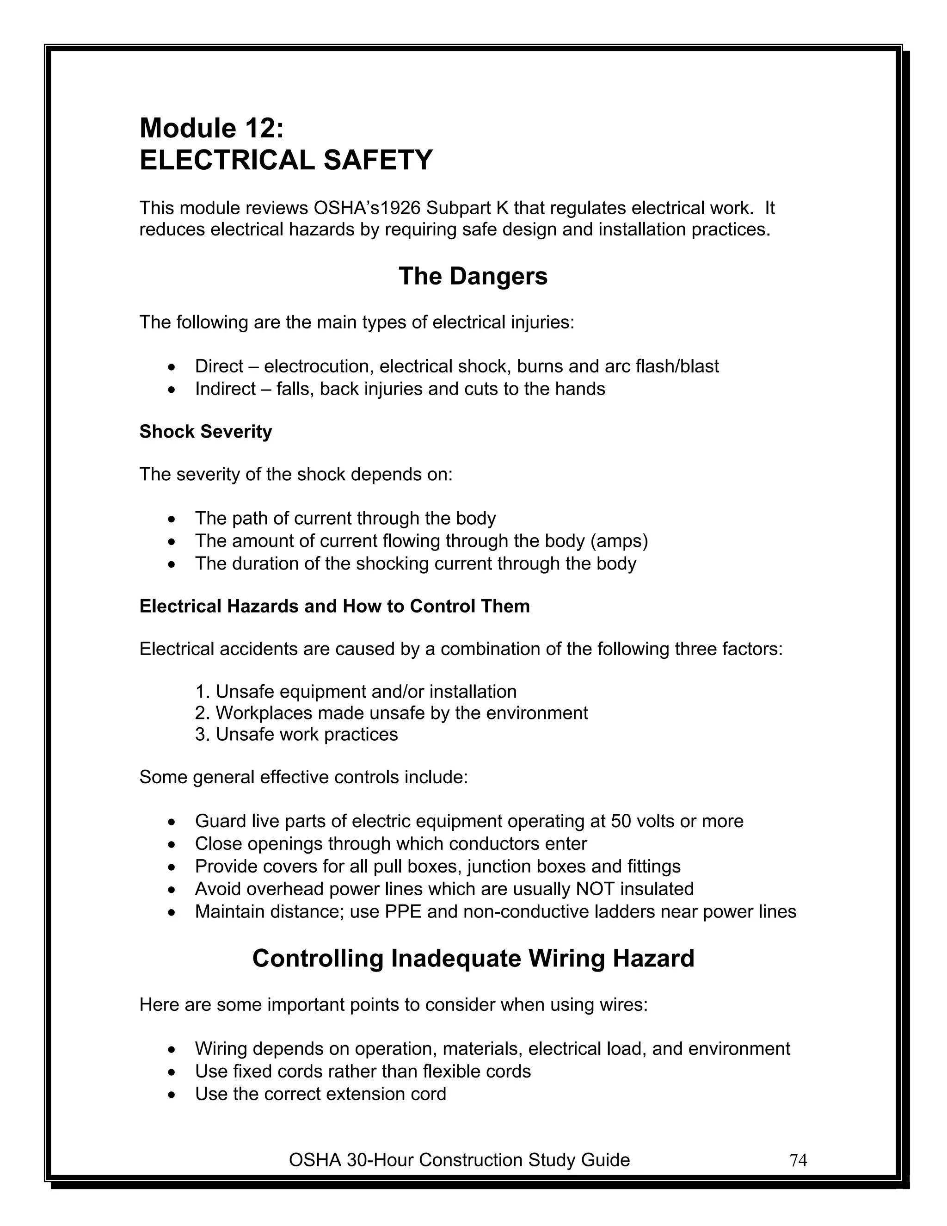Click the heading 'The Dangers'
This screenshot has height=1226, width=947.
473,276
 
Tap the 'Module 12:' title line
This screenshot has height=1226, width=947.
211,128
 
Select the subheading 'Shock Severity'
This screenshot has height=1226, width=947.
205,431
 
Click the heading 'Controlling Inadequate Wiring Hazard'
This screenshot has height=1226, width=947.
473,958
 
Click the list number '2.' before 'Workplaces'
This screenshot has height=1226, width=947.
202,713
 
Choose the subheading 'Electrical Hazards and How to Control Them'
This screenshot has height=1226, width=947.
334,606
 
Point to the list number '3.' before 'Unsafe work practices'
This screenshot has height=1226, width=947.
202,734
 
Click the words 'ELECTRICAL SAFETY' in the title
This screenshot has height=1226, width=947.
286,161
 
